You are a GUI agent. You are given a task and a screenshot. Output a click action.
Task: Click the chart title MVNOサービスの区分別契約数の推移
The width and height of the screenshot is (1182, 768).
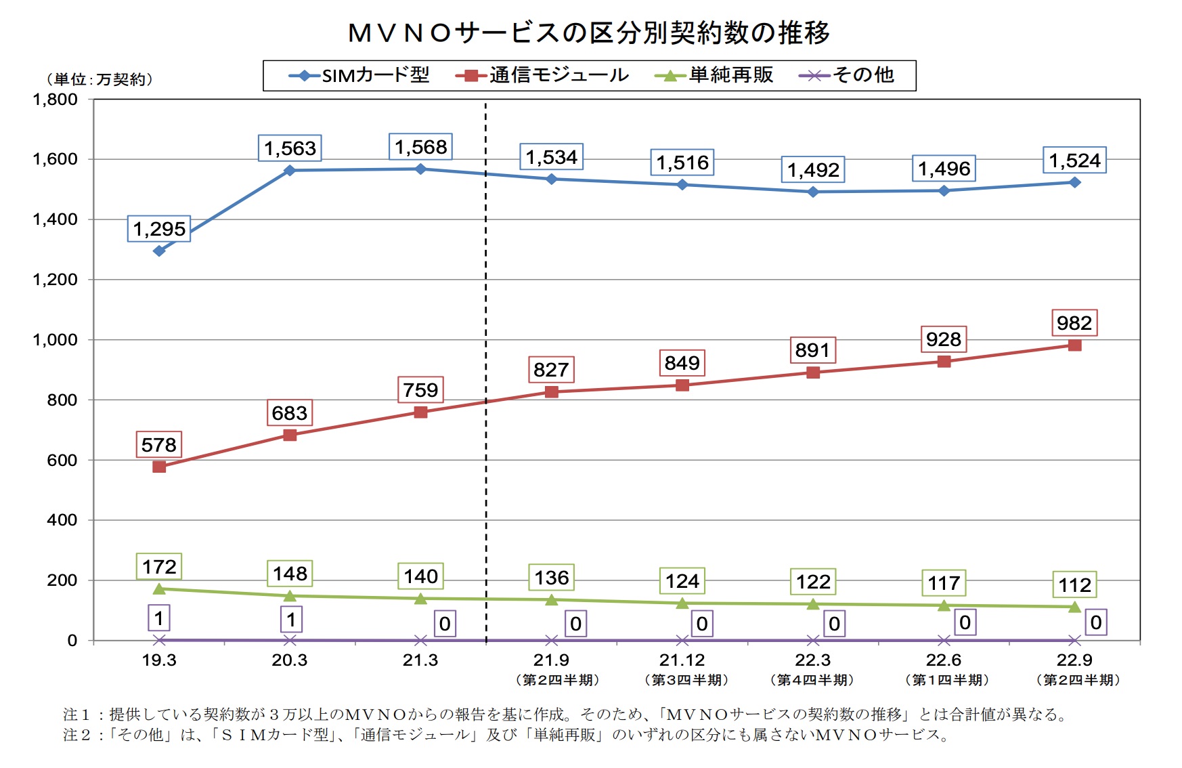coord(588,33)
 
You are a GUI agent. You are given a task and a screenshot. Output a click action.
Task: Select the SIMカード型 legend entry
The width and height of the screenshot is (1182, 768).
coord(360,75)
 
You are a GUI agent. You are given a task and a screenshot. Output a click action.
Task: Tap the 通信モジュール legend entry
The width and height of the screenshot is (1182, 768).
coord(543,75)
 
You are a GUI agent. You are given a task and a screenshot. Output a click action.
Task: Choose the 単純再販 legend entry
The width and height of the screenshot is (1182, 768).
coord(715,75)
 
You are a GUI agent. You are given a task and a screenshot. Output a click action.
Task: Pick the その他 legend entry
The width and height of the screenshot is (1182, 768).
coord(848,75)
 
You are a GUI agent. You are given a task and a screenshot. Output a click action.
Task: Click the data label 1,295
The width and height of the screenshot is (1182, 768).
coord(159,229)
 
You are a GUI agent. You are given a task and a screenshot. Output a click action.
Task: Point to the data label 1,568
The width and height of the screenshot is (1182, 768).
coord(420,147)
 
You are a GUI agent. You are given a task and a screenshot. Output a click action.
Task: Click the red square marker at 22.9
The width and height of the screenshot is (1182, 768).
coord(1074,345)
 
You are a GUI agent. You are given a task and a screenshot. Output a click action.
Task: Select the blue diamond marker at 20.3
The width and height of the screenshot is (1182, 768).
coord(290,170)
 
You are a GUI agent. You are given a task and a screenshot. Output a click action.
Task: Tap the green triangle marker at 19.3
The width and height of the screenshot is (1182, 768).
coord(159,589)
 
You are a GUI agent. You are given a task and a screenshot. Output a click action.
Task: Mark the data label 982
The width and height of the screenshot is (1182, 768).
coord(1074,323)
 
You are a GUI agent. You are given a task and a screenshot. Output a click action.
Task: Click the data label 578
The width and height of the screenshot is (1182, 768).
coord(159,445)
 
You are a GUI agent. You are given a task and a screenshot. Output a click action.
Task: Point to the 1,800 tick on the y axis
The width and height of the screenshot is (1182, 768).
coord(56,100)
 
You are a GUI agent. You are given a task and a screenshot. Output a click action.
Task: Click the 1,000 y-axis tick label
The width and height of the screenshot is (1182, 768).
coord(56,340)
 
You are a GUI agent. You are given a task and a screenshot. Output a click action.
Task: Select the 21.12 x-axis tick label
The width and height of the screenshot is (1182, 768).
coord(682,660)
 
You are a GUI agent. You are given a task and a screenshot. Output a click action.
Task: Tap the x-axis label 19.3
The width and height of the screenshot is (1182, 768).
coord(159,660)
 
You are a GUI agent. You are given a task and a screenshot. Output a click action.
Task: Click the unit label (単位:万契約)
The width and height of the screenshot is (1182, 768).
coord(100,79)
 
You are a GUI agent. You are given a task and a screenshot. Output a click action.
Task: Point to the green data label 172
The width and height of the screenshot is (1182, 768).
coord(159,567)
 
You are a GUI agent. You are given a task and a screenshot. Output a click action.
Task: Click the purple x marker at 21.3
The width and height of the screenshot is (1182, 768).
coord(420,640)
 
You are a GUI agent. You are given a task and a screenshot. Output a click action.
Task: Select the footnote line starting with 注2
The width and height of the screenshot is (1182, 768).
coord(506,735)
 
